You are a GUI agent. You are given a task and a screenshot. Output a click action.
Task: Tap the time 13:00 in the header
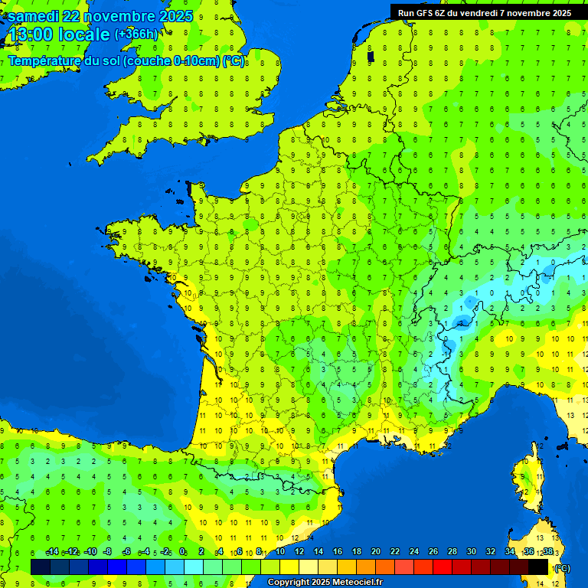[30, 35]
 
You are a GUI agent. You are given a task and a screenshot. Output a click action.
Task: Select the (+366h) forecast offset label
[136, 34]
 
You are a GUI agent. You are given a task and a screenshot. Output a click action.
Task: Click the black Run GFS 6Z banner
[484, 12]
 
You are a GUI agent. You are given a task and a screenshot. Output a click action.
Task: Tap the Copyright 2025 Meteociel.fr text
[325, 583]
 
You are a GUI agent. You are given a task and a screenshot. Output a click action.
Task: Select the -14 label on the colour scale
[52, 552]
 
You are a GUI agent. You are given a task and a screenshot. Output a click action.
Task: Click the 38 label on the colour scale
[547, 552]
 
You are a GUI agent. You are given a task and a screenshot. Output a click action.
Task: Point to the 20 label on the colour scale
[375, 552]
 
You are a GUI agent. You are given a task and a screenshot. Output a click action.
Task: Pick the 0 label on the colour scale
[182, 552]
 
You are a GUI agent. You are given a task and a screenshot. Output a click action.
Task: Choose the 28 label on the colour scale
[452, 552]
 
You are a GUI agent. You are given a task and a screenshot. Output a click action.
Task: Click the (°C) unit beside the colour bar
[562, 568]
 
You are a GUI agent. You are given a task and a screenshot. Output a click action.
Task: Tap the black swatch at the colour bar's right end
[538, 567]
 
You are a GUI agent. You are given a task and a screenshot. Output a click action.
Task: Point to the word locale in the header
[84, 35]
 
